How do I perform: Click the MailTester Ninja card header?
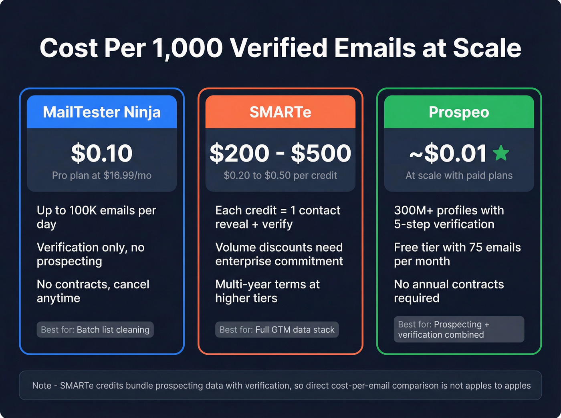102,112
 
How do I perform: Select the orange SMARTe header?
280,112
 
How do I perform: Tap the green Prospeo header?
459,112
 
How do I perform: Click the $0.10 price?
102,153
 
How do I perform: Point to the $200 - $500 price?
280,153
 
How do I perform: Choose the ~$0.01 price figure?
448,153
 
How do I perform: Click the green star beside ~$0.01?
501,153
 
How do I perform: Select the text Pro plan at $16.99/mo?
102,176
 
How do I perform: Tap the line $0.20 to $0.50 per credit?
280,176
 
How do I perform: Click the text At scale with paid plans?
459,176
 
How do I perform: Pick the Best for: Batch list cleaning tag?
95,330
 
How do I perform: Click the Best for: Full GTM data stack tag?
277,330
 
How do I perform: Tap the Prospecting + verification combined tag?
459,330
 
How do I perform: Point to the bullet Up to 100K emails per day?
96,217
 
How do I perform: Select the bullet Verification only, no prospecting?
91,254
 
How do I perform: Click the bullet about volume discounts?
279,254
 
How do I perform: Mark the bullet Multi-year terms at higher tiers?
267,291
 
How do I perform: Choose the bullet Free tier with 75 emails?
457,254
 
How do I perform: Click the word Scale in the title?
487,48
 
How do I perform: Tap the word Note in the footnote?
42,386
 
